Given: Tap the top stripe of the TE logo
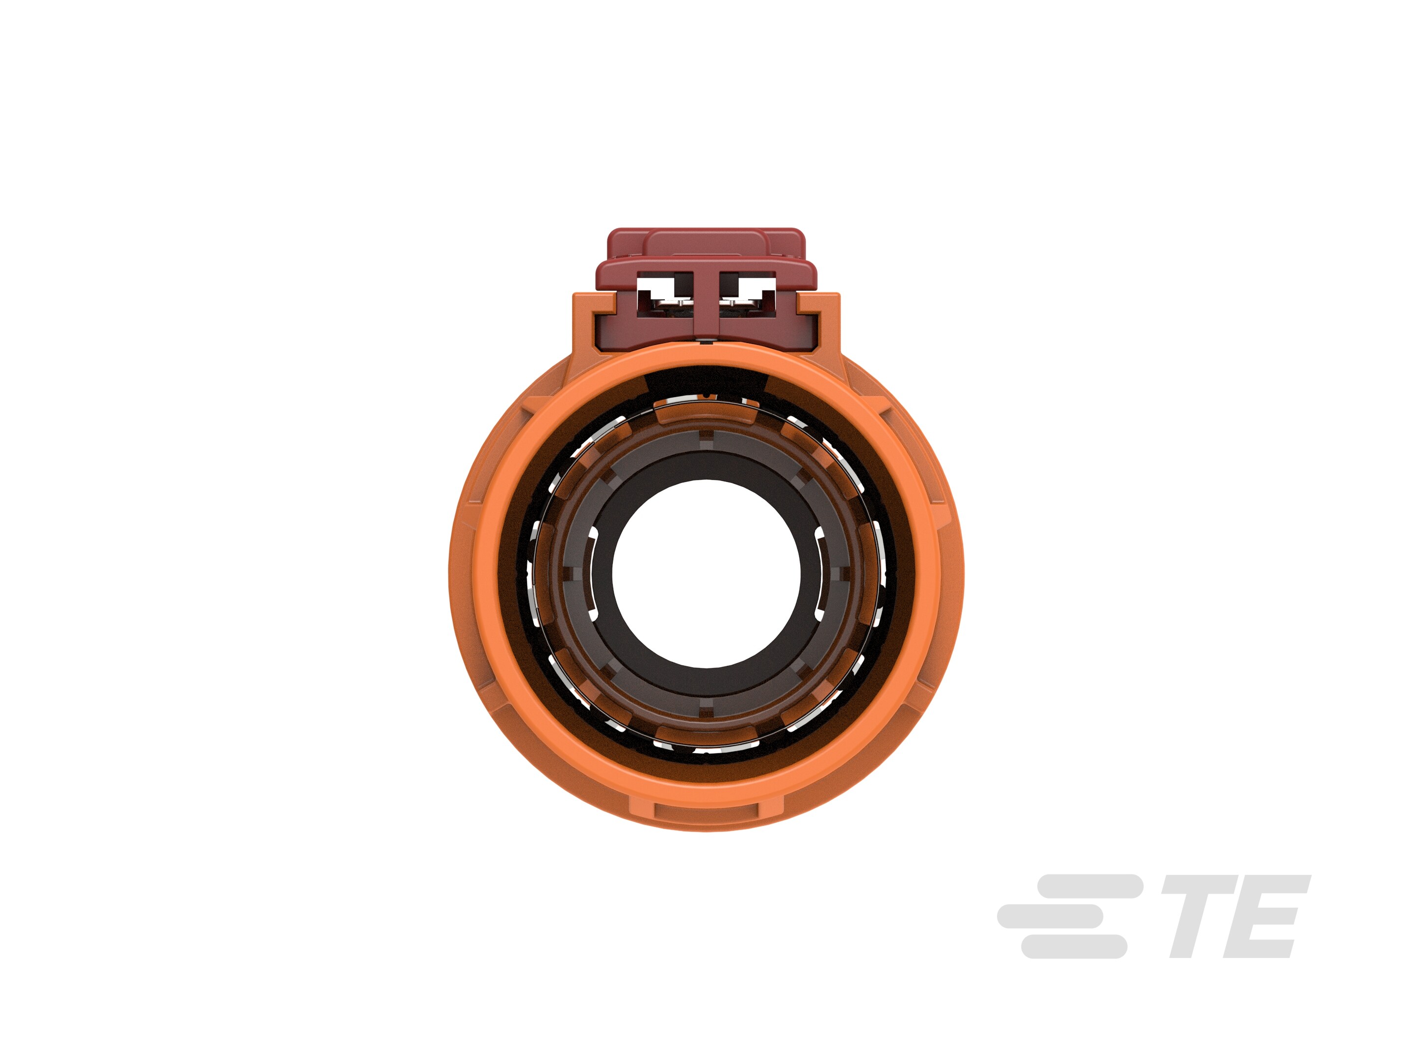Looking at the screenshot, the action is [x=1089, y=887].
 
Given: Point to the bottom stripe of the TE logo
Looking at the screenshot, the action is [x=1074, y=946].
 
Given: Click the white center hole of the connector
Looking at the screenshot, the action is [x=706, y=573].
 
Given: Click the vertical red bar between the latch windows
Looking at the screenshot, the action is [x=706, y=300].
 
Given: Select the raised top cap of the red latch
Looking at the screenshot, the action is [x=706, y=243].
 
